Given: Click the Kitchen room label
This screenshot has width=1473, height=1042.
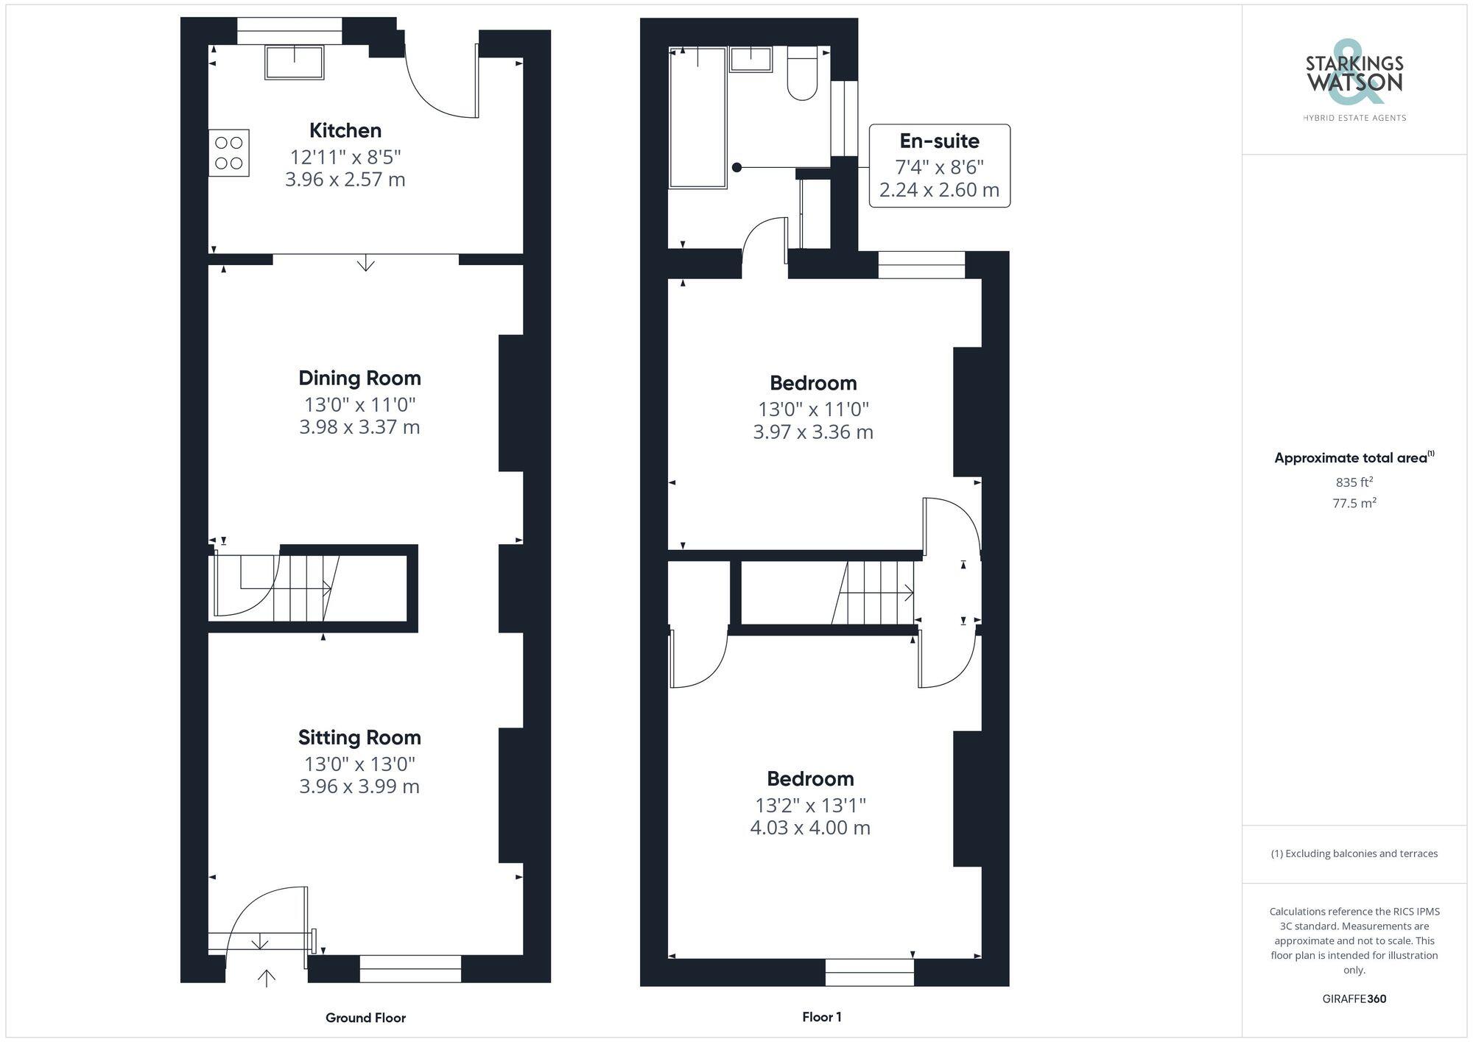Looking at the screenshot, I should (345, 131).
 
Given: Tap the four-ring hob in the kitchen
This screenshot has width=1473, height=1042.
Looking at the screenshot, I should (229, 153).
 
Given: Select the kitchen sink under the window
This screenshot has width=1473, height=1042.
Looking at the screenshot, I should (295, 63).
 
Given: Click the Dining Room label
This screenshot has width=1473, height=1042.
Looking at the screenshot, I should (359, 379).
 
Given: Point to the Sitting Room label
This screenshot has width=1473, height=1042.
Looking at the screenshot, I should (359, 738).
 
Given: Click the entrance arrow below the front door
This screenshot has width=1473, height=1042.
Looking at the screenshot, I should (267, 977).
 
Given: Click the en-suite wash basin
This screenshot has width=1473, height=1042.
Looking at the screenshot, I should (750, 59).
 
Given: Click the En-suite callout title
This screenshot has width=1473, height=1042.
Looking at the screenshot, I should (939, 141).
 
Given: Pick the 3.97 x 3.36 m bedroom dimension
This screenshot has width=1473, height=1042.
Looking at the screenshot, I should (812, 432).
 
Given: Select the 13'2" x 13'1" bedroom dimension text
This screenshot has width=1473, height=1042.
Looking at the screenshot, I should (810, 806).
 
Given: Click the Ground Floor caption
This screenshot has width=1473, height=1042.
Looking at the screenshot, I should (365, 1018).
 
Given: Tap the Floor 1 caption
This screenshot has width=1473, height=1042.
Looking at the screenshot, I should (821, 1017).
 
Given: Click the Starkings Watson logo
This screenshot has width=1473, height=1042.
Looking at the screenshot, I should (1354, 77).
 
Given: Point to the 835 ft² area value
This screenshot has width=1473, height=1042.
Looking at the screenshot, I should (1354, 482).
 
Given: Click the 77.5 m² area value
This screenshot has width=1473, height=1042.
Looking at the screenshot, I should (1354, 504).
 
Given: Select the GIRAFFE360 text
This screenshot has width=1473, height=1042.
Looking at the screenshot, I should (1354, 999).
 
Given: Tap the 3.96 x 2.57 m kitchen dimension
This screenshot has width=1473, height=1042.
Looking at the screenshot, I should (345, 180).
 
